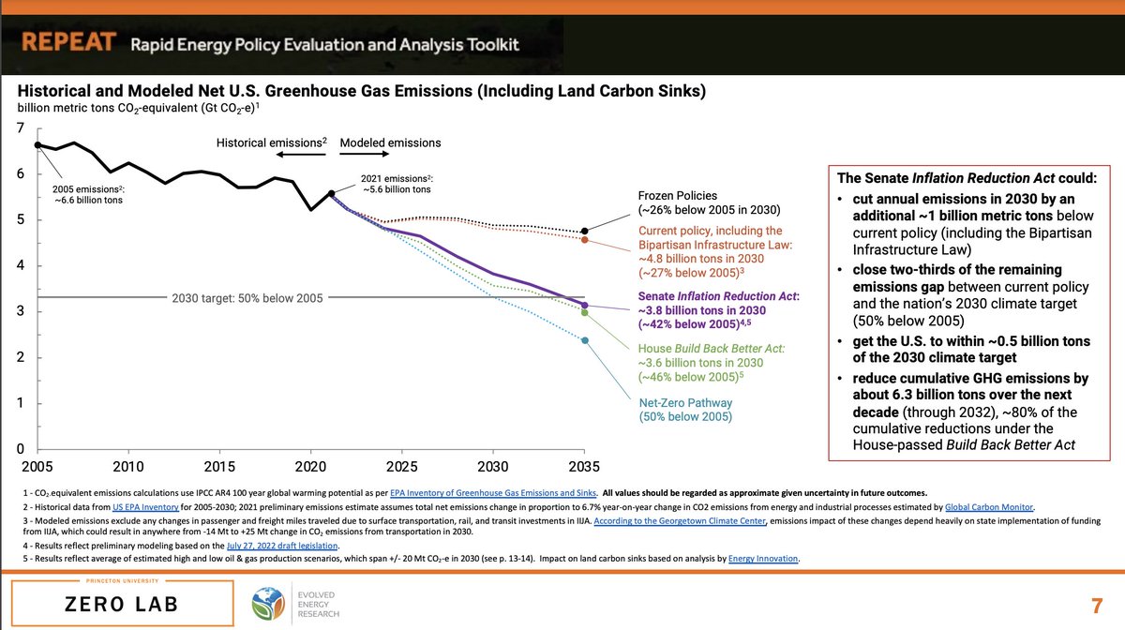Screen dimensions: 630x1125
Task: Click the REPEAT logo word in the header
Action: tap(69, 43)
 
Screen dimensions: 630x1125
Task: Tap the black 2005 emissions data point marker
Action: tap(37, 145)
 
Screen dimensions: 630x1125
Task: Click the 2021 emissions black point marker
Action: tap(331, 194)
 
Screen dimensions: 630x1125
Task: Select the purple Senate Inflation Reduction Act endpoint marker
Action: tap(585, 306)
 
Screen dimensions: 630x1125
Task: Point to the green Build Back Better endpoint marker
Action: tap(585, 313)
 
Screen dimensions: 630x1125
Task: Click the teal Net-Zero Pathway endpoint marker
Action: tap(585, 340)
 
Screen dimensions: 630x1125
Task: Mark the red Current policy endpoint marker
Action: tap(585, 240)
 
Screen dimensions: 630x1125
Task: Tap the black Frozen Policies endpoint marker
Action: tap(585, 231)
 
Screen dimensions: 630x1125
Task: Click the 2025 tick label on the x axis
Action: tap(402, 467)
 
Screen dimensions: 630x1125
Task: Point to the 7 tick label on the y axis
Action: tap(21, 127)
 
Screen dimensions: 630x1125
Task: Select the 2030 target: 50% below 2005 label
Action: tap(247, 298)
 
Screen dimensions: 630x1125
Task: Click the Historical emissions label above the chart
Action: tap(271, 142)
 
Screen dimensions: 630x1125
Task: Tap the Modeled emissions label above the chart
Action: tap(390, 142)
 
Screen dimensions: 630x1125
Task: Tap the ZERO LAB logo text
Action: tap(115, 605)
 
